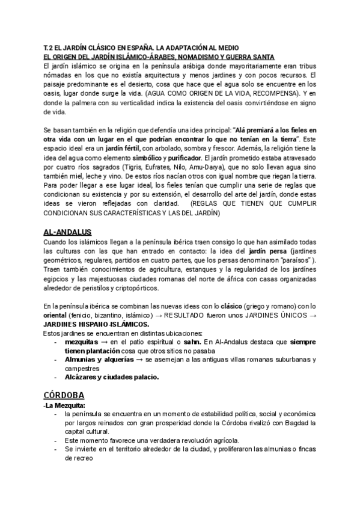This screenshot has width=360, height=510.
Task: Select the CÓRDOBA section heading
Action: [64, 395]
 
